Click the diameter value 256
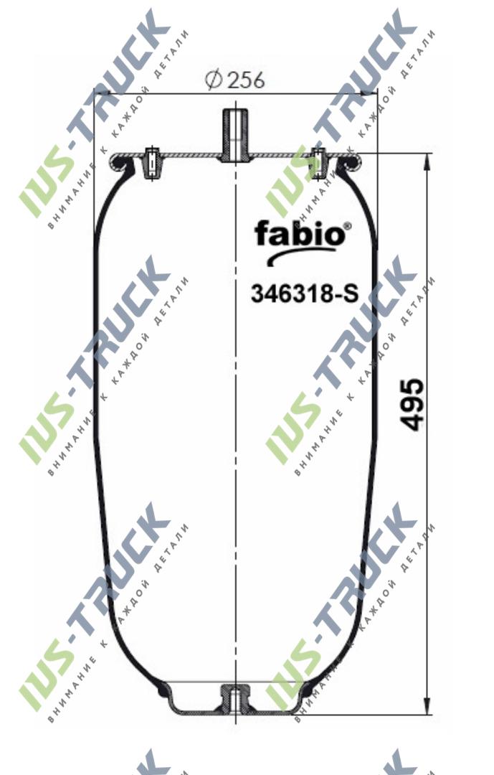[246, 80]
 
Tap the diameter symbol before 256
[213, 80]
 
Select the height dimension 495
[412, 405]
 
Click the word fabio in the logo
[298, 233]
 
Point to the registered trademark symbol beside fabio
[348, 225]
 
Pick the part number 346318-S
[303, 293]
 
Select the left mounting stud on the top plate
[151, 163]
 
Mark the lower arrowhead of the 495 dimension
[428, 706]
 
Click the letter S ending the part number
[349, 293]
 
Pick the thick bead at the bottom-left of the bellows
[161, 690]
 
